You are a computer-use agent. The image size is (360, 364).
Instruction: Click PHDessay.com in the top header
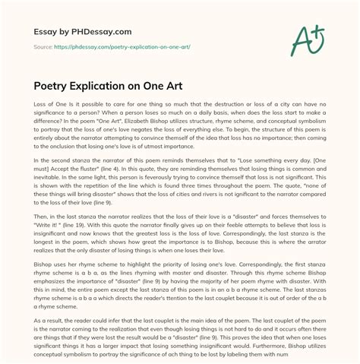coord(99,31)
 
